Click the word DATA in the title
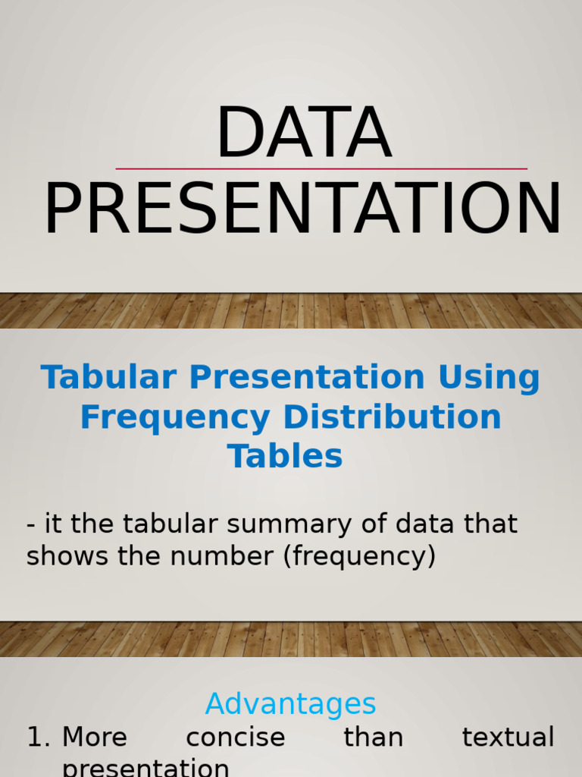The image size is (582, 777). [x=303, y=134]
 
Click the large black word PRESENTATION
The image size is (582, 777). [x=303, y=210]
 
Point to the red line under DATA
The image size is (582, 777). [x=321, y=168]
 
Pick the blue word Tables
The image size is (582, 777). [x=285, y=456]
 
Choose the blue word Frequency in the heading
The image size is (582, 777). [x=176, y=417]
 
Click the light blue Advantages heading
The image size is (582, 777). [x=290, y=704]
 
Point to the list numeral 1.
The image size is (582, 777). [x=36, y=738]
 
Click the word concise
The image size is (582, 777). [x=235, y=738]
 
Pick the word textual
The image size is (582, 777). [x=508, y=738]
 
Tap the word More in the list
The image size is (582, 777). [x=95, y=738]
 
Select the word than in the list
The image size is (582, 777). [x=373, y=738]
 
